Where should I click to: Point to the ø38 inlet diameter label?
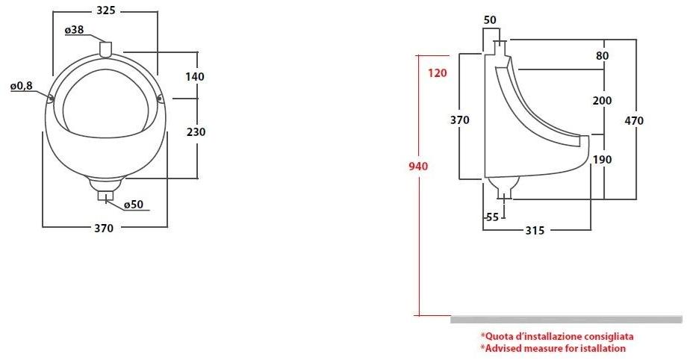(x=73, y=30)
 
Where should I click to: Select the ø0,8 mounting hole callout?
(x=22, y=87)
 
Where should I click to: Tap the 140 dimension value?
(x=196, y=76)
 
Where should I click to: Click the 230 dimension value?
(x=196, y=131)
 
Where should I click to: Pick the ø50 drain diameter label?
(x=134, y=205)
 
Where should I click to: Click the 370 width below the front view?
(x=104, y=229)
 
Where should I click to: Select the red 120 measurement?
(x=438, y=72)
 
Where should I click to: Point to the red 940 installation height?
(x=418, y=167)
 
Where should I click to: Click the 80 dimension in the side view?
(x=603, y=55)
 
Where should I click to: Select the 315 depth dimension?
(x=533, y=231)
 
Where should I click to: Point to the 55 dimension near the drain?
(x=492, y=217)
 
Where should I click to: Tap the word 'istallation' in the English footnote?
(x=600, y=349)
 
